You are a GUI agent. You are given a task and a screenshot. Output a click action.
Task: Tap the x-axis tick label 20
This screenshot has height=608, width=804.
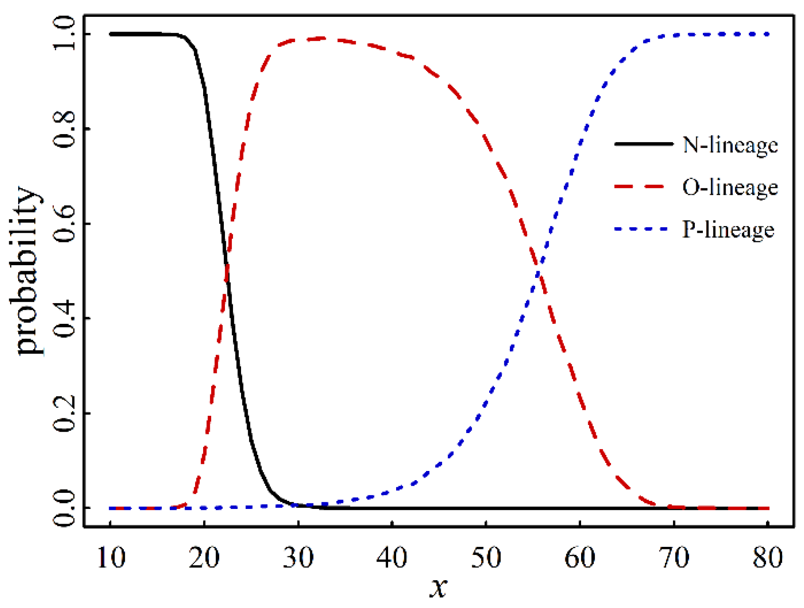pyautogui.click(x=204, y=558)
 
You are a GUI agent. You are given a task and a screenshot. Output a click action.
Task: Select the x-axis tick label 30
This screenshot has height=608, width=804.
pyautogui.click(x=298, y=558)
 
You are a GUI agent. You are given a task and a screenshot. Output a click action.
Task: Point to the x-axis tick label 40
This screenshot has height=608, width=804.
pyautogui.click(x=392, y=558)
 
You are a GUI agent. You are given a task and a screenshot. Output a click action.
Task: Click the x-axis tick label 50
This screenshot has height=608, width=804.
pyautogui.click(x=486, y=558)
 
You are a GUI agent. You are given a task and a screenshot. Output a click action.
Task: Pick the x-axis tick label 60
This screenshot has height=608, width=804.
pyautogui.click(x=580, y=558)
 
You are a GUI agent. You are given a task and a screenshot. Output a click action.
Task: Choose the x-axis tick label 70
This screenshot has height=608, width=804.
pyautogui.click(x=674, y=558)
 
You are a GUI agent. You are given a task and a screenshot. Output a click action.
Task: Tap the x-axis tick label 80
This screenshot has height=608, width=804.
pyautogui.click(x=768, y=558)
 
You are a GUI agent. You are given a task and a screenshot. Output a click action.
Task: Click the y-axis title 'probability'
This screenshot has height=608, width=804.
pyautogui.click(x=26, y=271)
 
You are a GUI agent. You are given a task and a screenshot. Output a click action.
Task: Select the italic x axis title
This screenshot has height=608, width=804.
pyautogui.click(x=438, y=587)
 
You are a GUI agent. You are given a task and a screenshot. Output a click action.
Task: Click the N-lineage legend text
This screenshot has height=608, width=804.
pyautogui.click(x=730, y=145)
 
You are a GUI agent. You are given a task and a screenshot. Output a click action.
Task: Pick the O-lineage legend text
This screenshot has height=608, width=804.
pyautogui.click(x=730, y=187)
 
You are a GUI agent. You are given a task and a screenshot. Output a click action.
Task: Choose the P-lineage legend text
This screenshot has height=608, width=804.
pyautogui.click(x=728, y=230)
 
